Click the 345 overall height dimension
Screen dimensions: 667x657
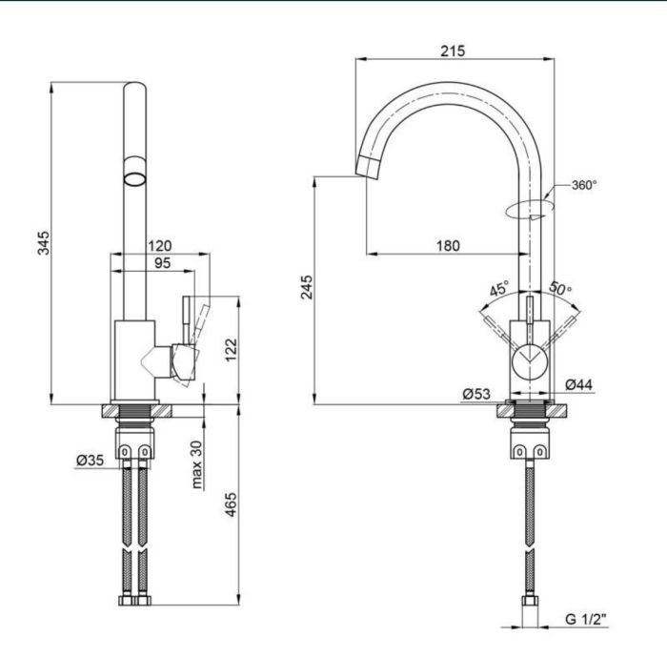point(44,243)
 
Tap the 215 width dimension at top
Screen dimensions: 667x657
point(453,51)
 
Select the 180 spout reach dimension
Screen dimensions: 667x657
point(448,246)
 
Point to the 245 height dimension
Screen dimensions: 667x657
point(307,287)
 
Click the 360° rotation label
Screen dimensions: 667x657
point(584,185)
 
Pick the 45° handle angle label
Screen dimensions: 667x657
point(498,288)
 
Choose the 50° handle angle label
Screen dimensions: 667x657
point(560,288)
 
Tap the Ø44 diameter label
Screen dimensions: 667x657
point(578,384)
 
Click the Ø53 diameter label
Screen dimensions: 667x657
point(476,394)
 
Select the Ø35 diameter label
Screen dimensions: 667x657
point(90,460)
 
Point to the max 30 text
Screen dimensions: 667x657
point(197,464)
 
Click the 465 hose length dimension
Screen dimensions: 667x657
point(231,504)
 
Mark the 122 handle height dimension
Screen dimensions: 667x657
point(231,350)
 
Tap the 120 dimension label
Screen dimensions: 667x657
point(159,246)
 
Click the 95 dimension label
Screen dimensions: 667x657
point(162,263)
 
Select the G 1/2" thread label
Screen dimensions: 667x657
point(585,619)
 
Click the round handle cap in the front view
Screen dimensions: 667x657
point(529,361)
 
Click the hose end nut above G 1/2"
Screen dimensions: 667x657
point(530,601)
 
